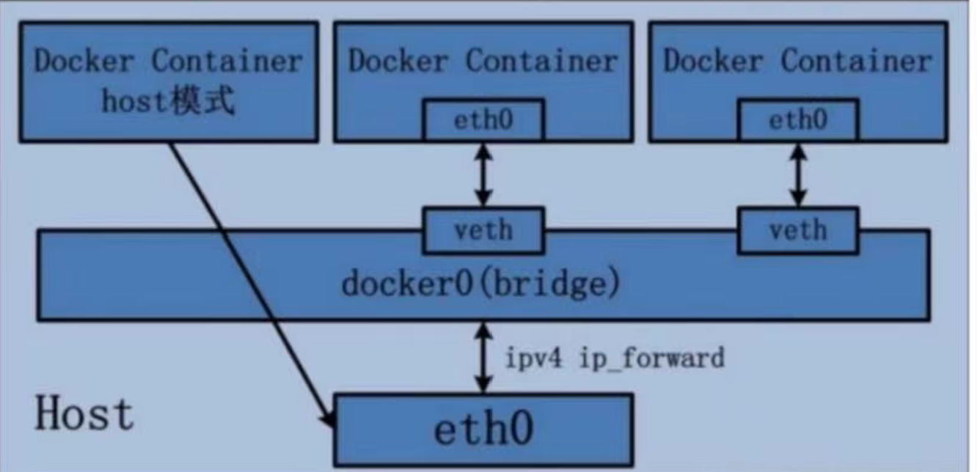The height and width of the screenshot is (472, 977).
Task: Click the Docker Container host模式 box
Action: click(169, 81)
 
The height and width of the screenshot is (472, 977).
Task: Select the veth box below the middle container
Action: click(483, 231)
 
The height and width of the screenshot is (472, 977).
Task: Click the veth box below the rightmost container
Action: click(797, 231)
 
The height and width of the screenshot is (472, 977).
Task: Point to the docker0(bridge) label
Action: click(480, 284)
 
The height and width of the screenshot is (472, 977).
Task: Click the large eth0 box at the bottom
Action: click(483, 429)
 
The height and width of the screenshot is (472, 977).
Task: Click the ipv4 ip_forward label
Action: click(614, 358)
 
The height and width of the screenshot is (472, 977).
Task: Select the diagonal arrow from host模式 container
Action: click(249, 279)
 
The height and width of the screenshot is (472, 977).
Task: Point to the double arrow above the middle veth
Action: click(483, 174)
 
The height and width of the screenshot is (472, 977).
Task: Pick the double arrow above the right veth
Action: click(797, 174)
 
